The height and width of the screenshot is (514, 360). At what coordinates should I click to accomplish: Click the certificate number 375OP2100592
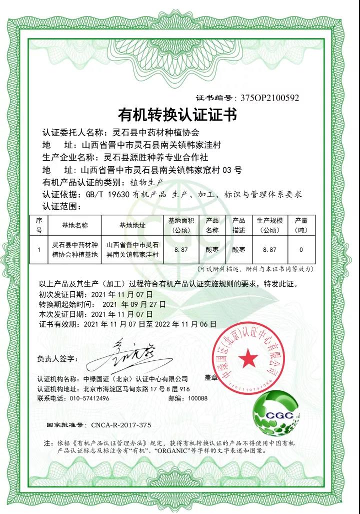coord(269,98)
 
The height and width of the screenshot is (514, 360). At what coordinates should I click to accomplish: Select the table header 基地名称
coord(74,226)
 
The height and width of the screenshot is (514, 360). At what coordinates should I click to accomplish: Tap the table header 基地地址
coord(132,226)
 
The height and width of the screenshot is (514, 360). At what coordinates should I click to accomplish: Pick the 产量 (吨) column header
coord(301,226)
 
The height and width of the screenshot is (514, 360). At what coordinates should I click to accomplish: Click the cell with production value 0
coord(301,249)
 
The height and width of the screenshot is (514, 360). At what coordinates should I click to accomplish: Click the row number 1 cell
coord(39,249)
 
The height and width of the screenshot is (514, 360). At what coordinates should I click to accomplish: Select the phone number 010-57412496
coord(87,398)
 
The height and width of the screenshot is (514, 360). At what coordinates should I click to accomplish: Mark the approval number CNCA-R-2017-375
coord(121,424)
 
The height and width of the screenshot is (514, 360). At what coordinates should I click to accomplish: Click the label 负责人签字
coord(57,359)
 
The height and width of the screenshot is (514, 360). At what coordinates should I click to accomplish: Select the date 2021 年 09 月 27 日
coord(133,304)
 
